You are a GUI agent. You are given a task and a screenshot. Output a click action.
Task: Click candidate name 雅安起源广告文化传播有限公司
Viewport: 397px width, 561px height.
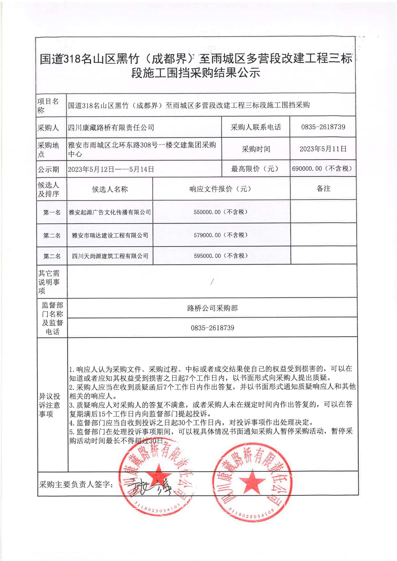click(110, 212)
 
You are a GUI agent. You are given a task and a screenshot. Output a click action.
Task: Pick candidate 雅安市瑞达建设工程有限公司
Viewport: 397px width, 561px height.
click(110, 235)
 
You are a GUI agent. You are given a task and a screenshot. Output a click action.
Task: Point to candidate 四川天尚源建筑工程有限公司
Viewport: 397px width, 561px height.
click(110, 256)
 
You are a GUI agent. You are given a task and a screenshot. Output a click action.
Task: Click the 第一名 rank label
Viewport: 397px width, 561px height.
click(52, 212)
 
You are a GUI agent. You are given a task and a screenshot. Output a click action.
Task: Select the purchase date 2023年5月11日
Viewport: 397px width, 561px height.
click(323, 149)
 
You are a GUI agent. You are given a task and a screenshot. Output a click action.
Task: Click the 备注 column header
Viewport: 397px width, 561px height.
click(323, 189)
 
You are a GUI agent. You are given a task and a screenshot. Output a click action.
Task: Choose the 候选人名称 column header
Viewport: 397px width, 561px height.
click(110, 189)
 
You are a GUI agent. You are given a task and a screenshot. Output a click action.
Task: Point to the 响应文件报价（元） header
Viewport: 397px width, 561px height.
click(221, 189)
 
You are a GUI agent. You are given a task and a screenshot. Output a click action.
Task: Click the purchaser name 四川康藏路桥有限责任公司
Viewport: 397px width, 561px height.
click(111, 128)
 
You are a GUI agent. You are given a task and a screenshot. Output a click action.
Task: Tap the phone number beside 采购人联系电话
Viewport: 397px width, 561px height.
click(323, 127)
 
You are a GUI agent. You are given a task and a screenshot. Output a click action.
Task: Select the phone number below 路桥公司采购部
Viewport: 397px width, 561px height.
click(212, 328)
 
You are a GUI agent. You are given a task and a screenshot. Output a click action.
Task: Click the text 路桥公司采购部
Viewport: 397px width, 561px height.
click(212, 308)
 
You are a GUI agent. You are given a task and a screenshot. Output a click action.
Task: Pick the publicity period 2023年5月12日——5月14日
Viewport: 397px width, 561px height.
click(111, 169)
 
